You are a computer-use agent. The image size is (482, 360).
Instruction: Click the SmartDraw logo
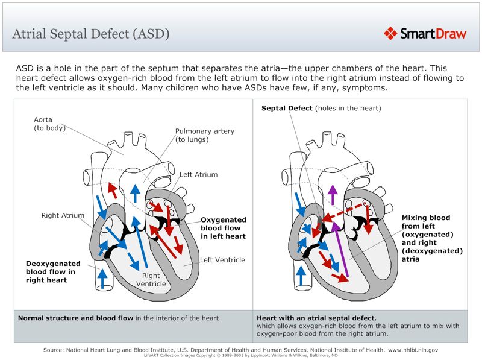tap(425, 33)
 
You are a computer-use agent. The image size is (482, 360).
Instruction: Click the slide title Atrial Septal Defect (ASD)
tap(91, 34)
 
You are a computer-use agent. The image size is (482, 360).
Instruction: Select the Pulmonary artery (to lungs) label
tap(204, 135)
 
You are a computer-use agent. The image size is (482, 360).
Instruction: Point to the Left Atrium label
tap(199, 175)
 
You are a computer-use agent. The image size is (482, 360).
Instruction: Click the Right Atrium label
tap(63, 215)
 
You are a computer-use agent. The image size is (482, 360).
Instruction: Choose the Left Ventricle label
tap(222, 260)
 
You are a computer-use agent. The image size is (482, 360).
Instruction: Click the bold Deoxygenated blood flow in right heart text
tap(53, 271)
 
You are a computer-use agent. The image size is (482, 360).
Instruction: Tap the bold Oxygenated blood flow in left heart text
tap(223, 228)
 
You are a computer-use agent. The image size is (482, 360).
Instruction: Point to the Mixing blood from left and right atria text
tap(432, 238)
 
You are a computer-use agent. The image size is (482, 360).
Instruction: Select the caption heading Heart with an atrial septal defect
tap(316, 318)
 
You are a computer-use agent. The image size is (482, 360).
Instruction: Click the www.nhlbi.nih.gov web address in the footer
tap(413, 350)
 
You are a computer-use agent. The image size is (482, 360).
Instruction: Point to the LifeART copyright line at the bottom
tap(240, 355)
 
